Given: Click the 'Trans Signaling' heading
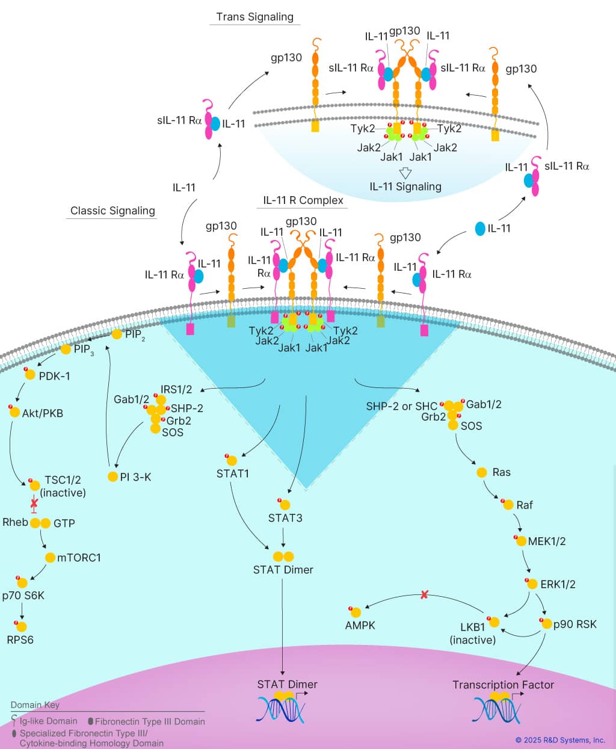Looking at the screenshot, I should [254, 17].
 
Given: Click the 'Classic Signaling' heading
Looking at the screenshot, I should [112, 211].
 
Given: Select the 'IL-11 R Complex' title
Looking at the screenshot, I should [303, 200].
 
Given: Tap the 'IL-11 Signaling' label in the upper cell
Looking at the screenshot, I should [405, 186].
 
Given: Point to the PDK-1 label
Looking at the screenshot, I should [54, 376].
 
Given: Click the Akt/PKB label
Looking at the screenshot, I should [42, 413].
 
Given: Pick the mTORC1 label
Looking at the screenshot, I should [79, 558].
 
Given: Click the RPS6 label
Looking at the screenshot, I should [20, 640].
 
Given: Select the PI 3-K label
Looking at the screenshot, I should [135, 477].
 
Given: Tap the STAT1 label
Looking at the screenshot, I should [233, 473].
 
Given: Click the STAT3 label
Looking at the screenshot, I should [285, 518].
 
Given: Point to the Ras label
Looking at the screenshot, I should [501, 472].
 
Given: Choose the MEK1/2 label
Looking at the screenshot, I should [546, 541].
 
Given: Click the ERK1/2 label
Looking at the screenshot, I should [558, 584].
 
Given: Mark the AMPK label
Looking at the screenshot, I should [360, 626].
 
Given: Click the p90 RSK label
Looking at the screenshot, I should [574, 624].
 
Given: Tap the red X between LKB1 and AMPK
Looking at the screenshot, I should [424, 594].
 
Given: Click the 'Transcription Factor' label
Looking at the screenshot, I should [503, 685].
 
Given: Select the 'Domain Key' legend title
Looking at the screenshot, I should [35, 704].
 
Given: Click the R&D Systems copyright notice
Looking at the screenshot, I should [560, 740].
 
